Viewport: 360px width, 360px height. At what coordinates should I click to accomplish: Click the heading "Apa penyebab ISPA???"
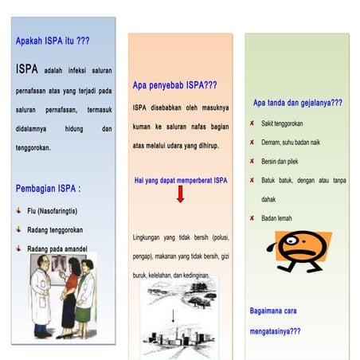pos(174,84)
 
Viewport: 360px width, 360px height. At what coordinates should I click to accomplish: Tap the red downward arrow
pos(181,194)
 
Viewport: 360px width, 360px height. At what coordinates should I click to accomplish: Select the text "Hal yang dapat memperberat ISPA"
pos(180,181)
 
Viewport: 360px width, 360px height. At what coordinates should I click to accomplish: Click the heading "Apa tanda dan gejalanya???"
pos(297,103)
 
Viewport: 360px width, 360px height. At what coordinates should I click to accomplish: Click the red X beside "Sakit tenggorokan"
pos(252,123)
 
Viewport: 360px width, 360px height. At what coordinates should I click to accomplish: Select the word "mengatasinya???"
pos(275,331)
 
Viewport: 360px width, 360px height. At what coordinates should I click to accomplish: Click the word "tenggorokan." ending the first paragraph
pos(33,148)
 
